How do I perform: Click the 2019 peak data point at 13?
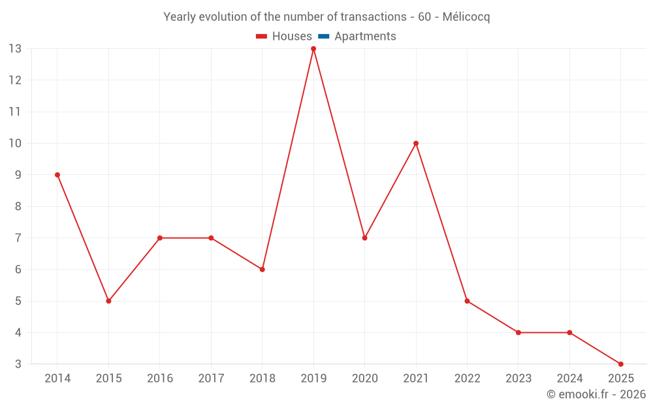click(313, 49)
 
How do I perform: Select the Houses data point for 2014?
click(57, 175)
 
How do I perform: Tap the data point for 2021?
click(416, 144)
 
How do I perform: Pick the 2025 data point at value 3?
click(620, 364)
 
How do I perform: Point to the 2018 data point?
click(263, 270)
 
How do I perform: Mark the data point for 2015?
click(108, 301)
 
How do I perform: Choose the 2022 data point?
click(467, 301)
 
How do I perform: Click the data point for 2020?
click(364, 238)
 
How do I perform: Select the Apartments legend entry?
click(365, 37)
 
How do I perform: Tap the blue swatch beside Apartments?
click(323, 37)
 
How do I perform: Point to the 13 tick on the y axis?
click(14, 49)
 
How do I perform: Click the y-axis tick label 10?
click(14, 144)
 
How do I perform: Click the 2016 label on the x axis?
click(160, 379)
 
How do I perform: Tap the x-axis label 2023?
click(518, 379)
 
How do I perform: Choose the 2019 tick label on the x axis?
click(313, 379)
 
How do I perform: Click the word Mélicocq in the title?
click(466, 17)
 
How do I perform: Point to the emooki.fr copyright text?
click(596, 394)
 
